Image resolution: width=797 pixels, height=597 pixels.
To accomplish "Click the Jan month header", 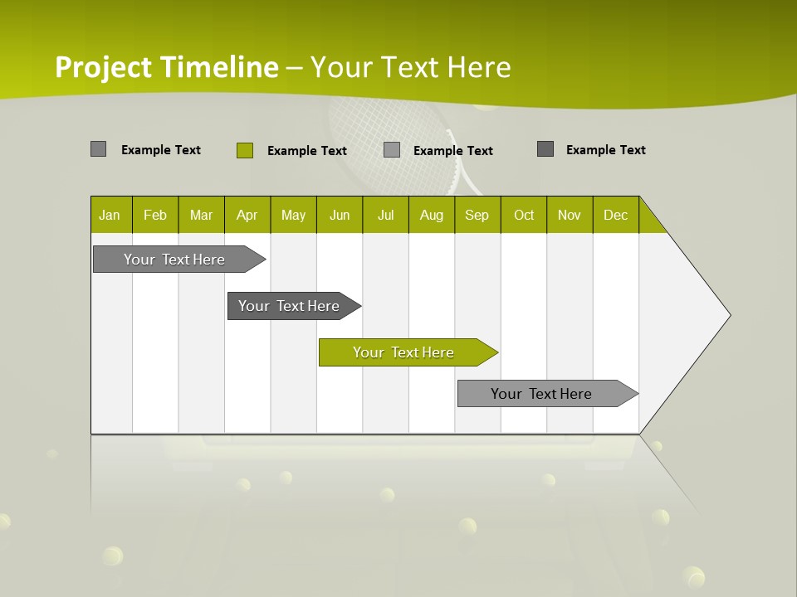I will point(110,216).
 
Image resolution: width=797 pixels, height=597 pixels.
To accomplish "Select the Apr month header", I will point(247,216).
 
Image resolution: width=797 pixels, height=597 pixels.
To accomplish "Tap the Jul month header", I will point(385,216).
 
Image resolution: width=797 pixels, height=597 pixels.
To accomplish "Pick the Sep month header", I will point(477,216).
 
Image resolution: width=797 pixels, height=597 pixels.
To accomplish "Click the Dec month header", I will point(615,216).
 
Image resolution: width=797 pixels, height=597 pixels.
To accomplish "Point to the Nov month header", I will point(569,216).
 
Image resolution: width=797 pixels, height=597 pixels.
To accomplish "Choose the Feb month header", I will point(155,216).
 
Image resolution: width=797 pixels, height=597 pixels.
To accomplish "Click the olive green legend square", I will point(244,150).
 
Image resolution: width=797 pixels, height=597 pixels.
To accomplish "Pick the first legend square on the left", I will point(98,149).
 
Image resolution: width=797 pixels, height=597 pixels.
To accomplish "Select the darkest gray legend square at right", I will point(545,149).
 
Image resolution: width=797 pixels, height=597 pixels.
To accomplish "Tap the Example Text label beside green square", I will point(306,151).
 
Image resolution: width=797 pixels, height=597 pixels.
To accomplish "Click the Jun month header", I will point(340,216).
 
